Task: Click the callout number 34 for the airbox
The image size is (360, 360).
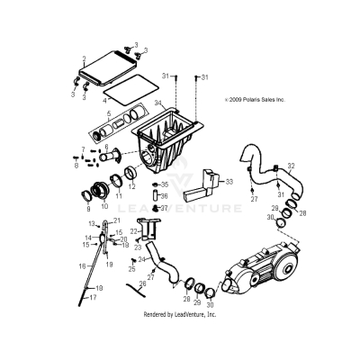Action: point(157,104)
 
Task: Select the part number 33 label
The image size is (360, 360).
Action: point(229,182)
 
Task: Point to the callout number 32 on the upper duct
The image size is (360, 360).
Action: point(290,166)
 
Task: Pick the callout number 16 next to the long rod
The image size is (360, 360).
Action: point(82,265)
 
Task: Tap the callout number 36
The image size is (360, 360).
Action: point(164,195)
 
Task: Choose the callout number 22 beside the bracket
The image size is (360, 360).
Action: point(133,231)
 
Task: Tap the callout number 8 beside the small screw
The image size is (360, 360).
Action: point(76,165)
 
